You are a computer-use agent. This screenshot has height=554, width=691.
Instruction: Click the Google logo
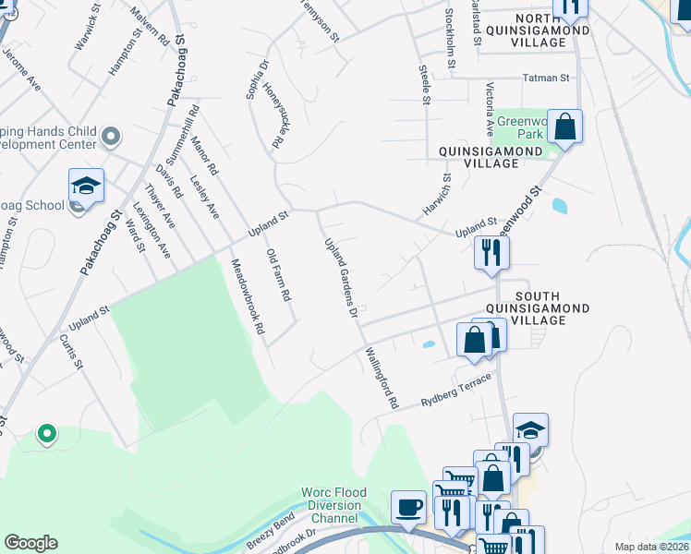tap(30, 543)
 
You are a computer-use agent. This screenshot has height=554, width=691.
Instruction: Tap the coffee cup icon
tap(407, 507)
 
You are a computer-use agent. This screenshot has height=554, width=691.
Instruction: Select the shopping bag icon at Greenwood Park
tap(566, 126)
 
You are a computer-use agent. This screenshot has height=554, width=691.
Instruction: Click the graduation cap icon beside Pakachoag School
tap(86, 187)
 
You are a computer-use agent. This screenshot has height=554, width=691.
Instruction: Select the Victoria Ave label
tap(490, 105)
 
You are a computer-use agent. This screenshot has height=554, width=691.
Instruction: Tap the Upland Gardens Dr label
tap(340, 277)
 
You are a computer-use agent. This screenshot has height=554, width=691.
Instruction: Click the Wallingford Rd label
tap(380, 379)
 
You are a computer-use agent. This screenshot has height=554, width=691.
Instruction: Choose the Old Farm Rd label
tap(278, 275)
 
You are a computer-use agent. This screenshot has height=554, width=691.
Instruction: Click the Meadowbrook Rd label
tap(248, 295)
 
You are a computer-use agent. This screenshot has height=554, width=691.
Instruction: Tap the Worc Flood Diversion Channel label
tap(333, 505)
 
